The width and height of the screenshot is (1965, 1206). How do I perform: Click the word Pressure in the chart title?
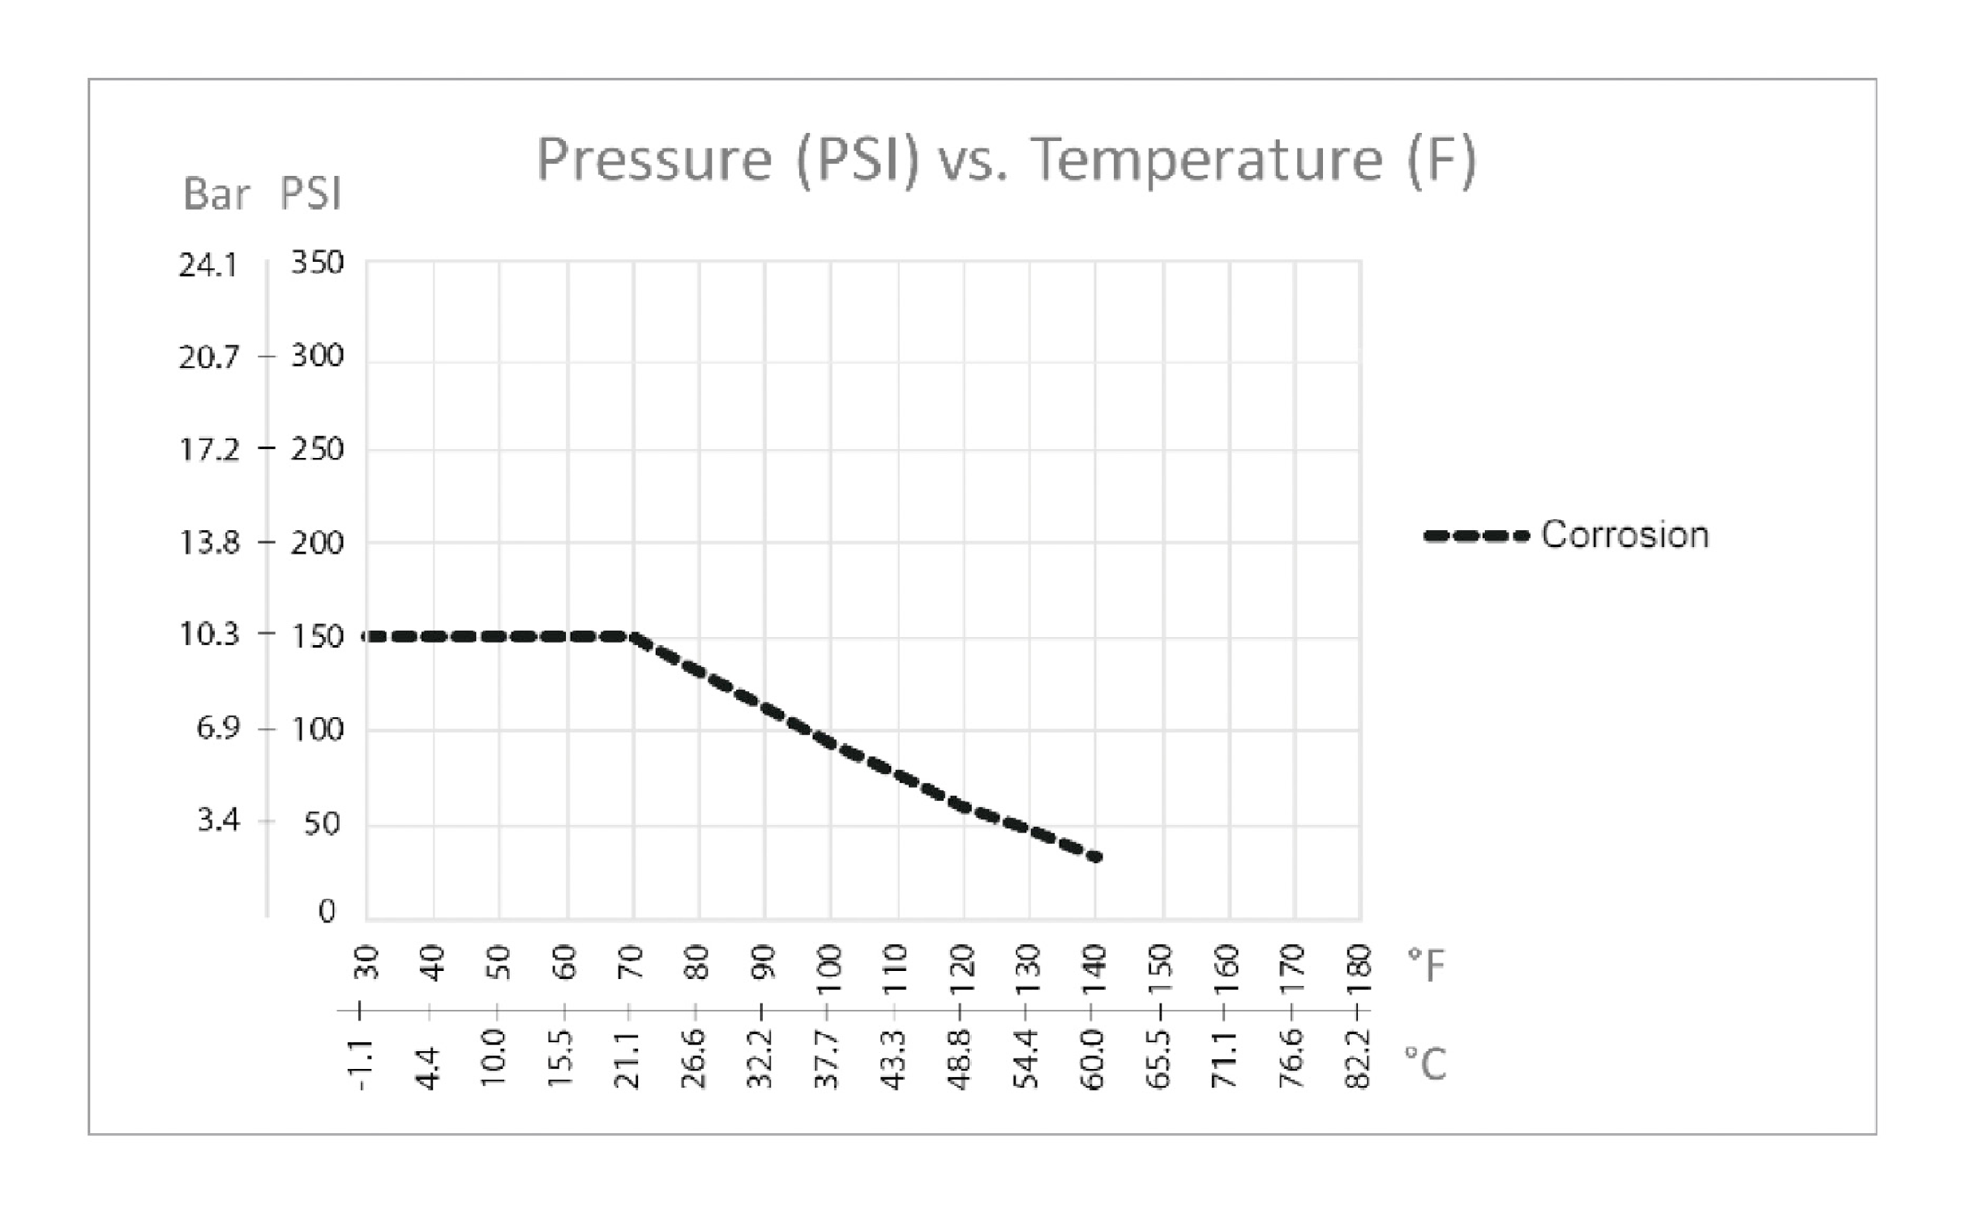[654, 160]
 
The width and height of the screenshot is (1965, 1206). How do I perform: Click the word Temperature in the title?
[1207, 160]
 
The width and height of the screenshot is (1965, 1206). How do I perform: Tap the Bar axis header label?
[216, 195]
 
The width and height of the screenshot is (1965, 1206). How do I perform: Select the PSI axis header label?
[310, 195]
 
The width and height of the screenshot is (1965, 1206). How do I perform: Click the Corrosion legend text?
[1625, 536]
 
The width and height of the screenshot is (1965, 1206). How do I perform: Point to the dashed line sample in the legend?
[1475, 536]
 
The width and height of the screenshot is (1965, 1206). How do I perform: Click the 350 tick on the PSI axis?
[317, 263]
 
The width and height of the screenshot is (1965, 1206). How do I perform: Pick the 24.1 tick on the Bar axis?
[208, 266]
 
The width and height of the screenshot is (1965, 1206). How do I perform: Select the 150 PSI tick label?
[317, 637]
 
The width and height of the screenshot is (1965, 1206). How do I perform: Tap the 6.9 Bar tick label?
[218, 729]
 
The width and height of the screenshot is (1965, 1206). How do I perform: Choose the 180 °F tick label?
[1359, 962]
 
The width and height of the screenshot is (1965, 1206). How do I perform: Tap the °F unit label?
[1426, 964]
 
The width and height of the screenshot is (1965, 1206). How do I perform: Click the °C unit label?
[1425, 1064]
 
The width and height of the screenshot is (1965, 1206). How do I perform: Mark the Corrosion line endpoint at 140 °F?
[1095, 857]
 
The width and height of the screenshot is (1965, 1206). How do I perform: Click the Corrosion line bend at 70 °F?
[631, 637]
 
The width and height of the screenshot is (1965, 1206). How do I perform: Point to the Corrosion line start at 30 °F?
[367, 637]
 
